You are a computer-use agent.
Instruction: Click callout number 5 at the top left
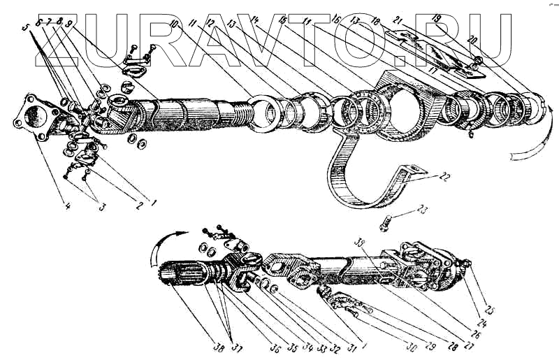click(x=27, y=29)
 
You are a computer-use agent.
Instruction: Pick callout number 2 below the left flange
click(x=138, y=206)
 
